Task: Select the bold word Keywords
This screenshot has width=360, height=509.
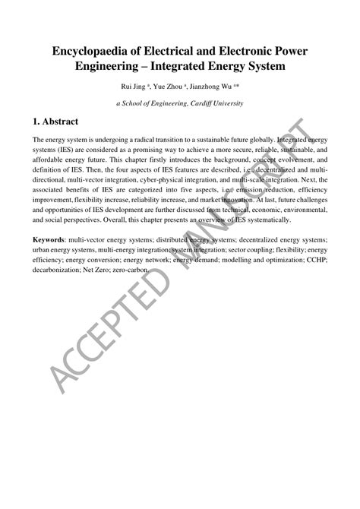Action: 49,240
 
